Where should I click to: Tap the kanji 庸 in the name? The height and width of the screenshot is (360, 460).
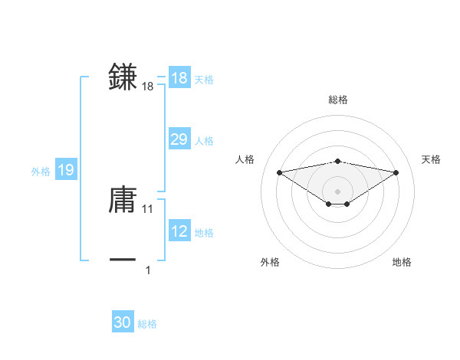tap(123, 200)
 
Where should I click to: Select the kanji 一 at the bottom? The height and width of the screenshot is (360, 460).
tap(123, 260)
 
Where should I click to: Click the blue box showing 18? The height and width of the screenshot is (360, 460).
tap(179, 78)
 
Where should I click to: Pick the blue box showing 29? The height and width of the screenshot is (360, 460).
tap(179, 139)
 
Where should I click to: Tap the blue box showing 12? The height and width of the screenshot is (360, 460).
tap(179, 231)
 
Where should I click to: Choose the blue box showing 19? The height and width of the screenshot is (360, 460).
tap(65, 170)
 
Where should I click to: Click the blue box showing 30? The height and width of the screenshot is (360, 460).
tap(123, 322)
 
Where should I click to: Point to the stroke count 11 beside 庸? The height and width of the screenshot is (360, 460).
tap(148, 208)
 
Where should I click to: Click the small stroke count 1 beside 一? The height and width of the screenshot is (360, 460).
tap(148, 270)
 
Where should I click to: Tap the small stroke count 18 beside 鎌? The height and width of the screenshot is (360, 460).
tap(148, 87)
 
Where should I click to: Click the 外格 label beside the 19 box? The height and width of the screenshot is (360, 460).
tap(41, 172)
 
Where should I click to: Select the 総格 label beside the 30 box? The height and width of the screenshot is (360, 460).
tap(147, 324)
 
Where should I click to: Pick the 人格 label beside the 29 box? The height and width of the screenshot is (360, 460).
tap(204, 141)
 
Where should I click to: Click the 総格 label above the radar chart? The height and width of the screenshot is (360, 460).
tap(337, 100)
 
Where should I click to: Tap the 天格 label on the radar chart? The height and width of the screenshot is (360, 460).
tap(432, 159)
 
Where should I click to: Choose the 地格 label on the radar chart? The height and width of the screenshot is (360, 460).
tap(402, 262)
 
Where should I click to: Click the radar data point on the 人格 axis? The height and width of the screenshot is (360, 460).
tap(279, 172)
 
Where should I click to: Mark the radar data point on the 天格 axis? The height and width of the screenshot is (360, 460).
tap(396, 172)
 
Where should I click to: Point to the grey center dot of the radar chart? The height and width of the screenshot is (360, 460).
tap(337, 191)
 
